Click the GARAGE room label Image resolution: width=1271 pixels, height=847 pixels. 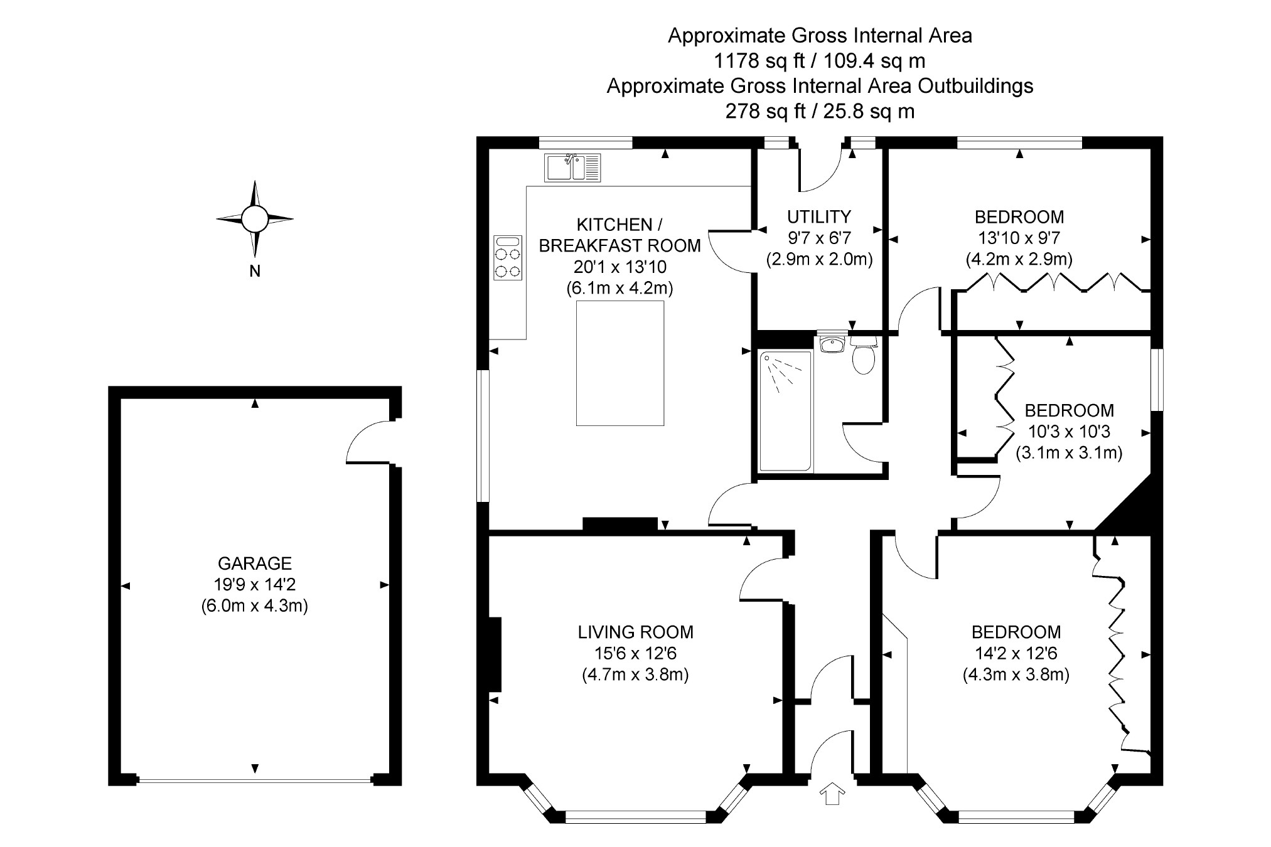(255, 563)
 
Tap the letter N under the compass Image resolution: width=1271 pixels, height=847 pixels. (255, 272)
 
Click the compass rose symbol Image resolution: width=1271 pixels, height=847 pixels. (255, 219)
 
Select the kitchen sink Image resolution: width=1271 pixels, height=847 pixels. (572, 168)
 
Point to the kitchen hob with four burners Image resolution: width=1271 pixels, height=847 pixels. (508, 257)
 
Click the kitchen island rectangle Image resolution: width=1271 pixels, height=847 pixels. (620, 363)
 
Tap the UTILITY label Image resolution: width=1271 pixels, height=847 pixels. (819, 216)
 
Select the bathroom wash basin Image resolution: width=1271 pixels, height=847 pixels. (833, 344)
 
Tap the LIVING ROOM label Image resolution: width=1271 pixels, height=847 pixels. (635, 632)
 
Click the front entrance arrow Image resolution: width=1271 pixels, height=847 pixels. (832, 793)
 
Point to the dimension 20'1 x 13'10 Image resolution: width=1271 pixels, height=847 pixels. (620, 267)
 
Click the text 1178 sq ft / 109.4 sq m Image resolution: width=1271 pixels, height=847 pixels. (819, 61)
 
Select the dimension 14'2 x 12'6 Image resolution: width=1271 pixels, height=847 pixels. (1016, 653)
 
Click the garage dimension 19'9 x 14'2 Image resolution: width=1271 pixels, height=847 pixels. (255, 585)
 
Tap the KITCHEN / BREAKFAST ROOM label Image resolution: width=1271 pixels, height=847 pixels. (619, 235)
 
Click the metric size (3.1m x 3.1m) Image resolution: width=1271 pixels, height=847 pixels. (1069, 452)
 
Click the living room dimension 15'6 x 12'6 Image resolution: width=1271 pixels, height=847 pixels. (635, 653)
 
